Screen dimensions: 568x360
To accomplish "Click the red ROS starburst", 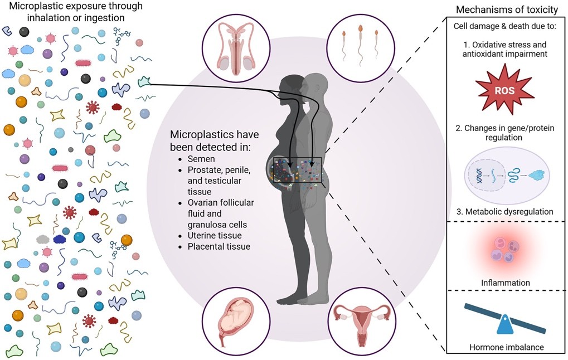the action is click(504, 89).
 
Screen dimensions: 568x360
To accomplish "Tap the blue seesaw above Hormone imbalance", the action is click(505, 319).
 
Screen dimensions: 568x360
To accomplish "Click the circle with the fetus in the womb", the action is click(236, 321).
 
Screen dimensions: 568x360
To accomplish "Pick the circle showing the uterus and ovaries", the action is click(362, 321).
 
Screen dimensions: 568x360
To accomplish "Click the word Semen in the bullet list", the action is click(201, 159).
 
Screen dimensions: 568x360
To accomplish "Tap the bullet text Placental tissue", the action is click(219, 247).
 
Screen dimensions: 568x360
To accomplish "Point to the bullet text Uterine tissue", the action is click(215, 235).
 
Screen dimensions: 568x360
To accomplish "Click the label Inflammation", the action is click(506, 283).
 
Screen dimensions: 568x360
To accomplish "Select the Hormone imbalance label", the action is click(507, 347).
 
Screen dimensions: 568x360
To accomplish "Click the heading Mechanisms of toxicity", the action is click(507, 10).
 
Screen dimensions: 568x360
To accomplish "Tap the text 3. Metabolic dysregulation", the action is click(504, 212).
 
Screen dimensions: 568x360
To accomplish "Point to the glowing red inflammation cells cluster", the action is click(504, 249).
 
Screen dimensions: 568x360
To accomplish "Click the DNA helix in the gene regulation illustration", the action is click(479, 176).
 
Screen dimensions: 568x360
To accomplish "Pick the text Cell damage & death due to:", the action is click(504, 26).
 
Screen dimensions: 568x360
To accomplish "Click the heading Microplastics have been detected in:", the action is click(215, 141).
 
